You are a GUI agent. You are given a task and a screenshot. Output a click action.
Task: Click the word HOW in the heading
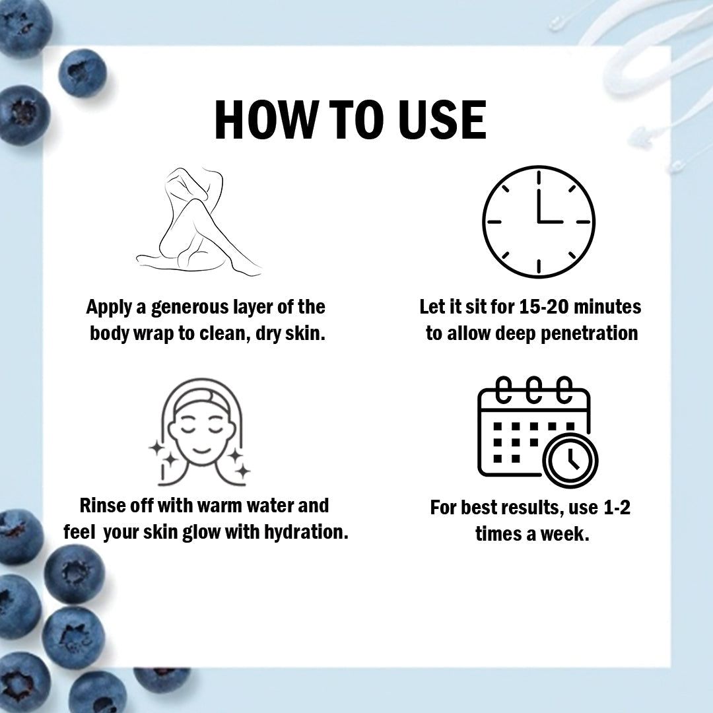click(x=265, y=119)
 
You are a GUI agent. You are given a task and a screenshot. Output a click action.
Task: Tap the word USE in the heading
click(x=442, y=119)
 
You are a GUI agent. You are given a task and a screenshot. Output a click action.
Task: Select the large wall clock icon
click(x=539, y=222)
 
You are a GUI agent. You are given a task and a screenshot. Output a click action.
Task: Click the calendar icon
click(x=537, y=432)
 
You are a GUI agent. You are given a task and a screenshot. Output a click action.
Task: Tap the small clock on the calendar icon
click(x=570, y=460)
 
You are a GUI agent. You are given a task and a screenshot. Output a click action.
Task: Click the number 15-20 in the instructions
click(x=543, y=307)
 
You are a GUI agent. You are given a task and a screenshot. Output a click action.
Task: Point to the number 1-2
click(x=617, y=508)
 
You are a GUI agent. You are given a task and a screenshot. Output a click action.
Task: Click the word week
click(x=564, y=534)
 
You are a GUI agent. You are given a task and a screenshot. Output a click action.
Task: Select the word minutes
click(x=607, y=307)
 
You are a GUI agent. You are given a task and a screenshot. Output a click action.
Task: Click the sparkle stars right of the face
click(x=239, y=464)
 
